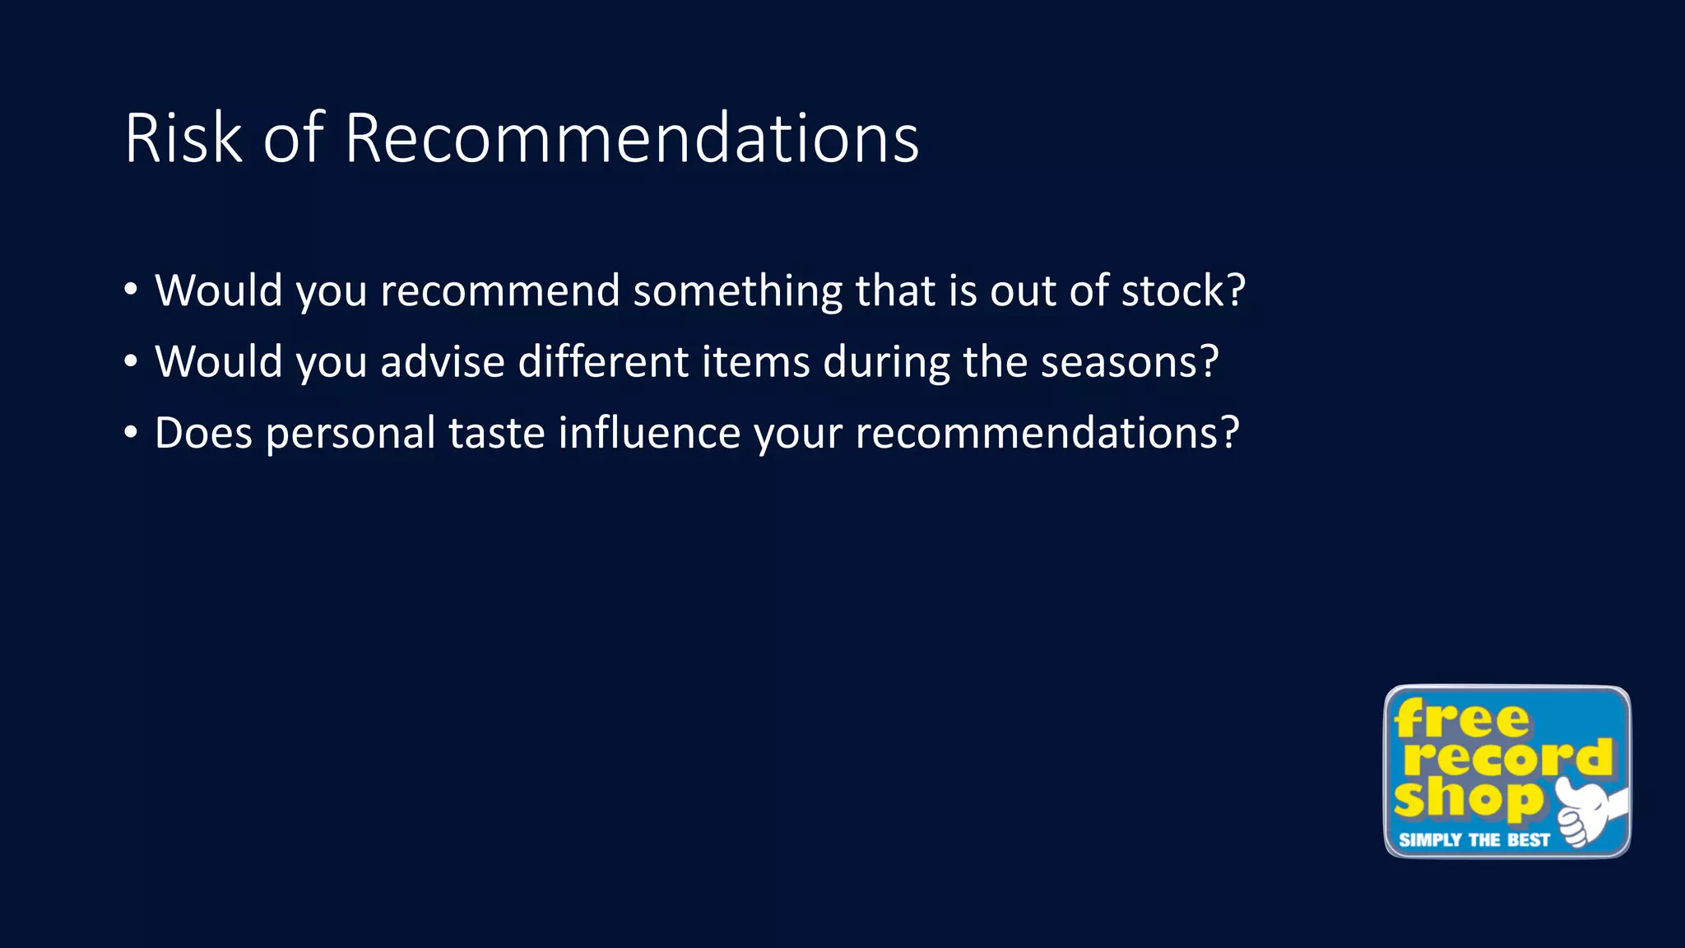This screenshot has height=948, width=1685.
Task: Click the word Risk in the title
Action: tap(183, 138)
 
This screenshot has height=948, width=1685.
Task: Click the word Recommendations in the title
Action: tap(631, 138)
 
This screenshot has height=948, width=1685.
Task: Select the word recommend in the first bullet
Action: tap(499, 290)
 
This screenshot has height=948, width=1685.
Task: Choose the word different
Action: tap(603, 362)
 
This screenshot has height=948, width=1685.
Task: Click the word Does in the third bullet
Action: tap(203, 433)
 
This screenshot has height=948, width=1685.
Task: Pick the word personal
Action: tap(350, 434)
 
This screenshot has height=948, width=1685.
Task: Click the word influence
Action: tap(649, 433)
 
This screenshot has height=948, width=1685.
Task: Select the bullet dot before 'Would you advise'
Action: tap(131, 361)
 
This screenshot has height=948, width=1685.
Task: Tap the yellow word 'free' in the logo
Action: tap(1461, 719)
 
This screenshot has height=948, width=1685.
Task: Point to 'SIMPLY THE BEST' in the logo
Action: tap(1474, 840)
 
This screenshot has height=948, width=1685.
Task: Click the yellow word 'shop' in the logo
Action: tap(1468, 798)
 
